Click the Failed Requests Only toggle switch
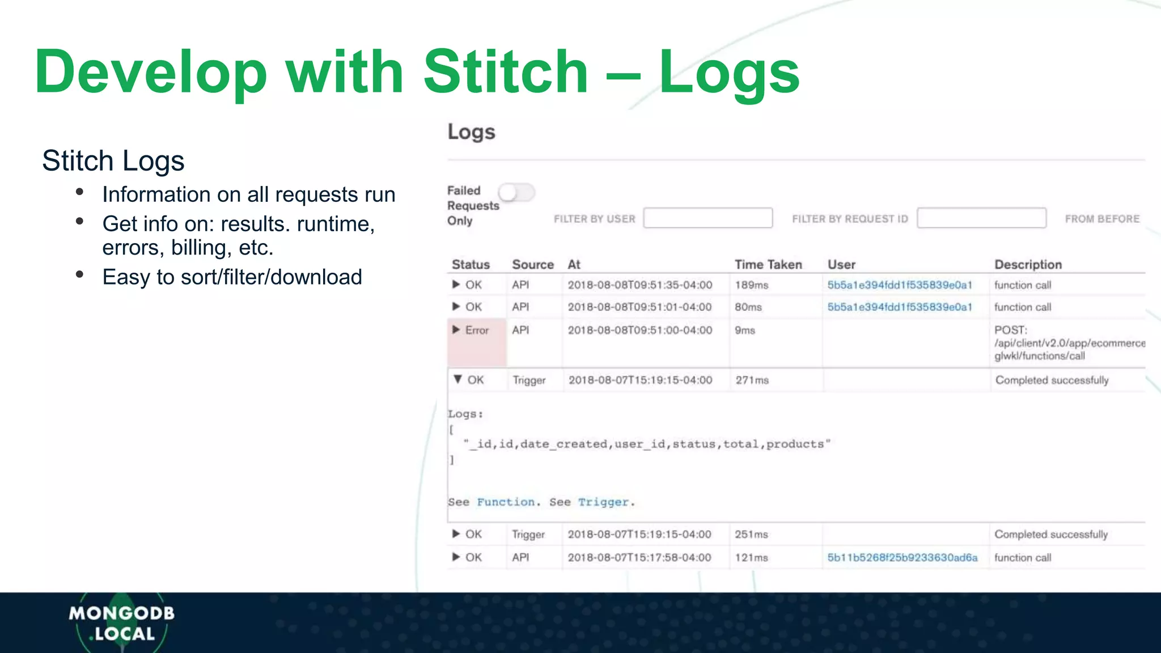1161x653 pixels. pos(516,193)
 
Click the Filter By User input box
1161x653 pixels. pos(707,218)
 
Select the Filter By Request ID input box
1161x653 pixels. pos(981,218)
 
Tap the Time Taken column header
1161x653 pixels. pos(768,265)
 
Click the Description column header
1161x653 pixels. pos(1028,265)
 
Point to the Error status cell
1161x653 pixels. pos(477,330)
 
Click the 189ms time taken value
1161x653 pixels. pos(751,285)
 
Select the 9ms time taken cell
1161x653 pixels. pos(745,330)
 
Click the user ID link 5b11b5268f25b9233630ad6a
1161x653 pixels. pos(902,558)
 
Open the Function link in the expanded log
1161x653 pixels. pos(506,502)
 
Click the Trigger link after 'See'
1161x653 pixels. pos(603,502)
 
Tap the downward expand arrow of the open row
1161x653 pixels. pos(457,379)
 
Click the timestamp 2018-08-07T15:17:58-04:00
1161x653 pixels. pos(639,558)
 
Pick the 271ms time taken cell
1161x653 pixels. pos(752,380)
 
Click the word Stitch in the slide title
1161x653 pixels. pos(506,72)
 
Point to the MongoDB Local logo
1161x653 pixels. pos(122,623)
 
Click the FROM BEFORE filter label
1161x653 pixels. pos(1101,219)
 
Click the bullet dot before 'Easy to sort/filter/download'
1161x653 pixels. pos(80,275)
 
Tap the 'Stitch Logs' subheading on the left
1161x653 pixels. pos(113,160)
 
